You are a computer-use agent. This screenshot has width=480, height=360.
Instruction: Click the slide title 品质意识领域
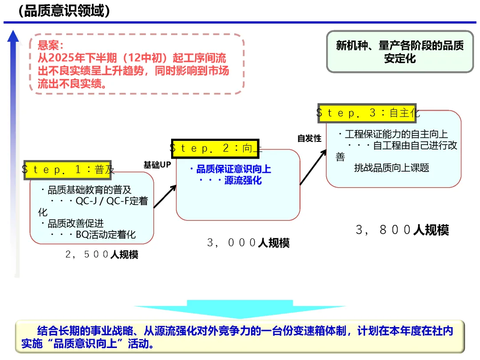pos(64,11)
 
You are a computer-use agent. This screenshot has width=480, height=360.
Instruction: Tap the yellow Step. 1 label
pos(68,169)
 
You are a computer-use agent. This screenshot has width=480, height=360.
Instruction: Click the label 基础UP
pos(157,165)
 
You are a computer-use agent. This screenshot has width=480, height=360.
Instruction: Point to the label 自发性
pos(309,139)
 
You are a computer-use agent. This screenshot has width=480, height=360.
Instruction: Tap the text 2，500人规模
pos(102,255)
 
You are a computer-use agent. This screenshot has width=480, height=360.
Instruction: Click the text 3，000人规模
pos(248,243)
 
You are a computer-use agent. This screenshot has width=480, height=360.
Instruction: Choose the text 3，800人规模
pos(402,230)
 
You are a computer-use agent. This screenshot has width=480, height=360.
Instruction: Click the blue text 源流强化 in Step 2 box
pos(243,180)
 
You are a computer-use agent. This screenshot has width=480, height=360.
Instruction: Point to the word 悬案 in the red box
pos(51,45)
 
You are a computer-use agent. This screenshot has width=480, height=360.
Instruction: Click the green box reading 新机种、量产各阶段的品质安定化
pos(400,52)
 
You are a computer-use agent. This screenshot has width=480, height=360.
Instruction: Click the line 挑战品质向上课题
pos(392,168)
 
